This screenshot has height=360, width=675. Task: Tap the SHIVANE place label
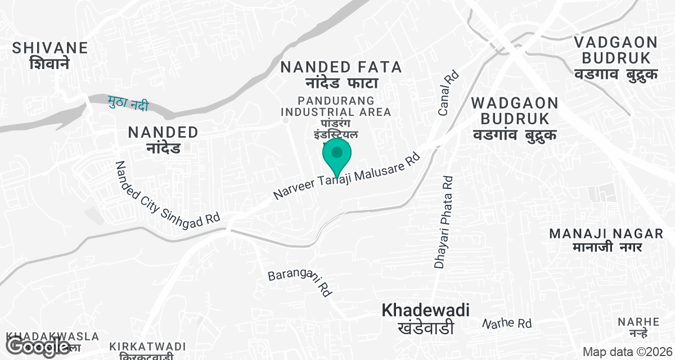pos(51,55)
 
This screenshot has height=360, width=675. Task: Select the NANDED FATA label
pos(341,74)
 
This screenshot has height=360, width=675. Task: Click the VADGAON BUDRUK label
pos(615,58)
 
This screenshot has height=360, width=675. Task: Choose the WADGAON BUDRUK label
pos(515,119)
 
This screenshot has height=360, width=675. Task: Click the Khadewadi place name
pos(425,318)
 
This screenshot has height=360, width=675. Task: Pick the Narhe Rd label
pos(507,323)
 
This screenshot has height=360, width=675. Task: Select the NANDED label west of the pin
pos(163,140)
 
